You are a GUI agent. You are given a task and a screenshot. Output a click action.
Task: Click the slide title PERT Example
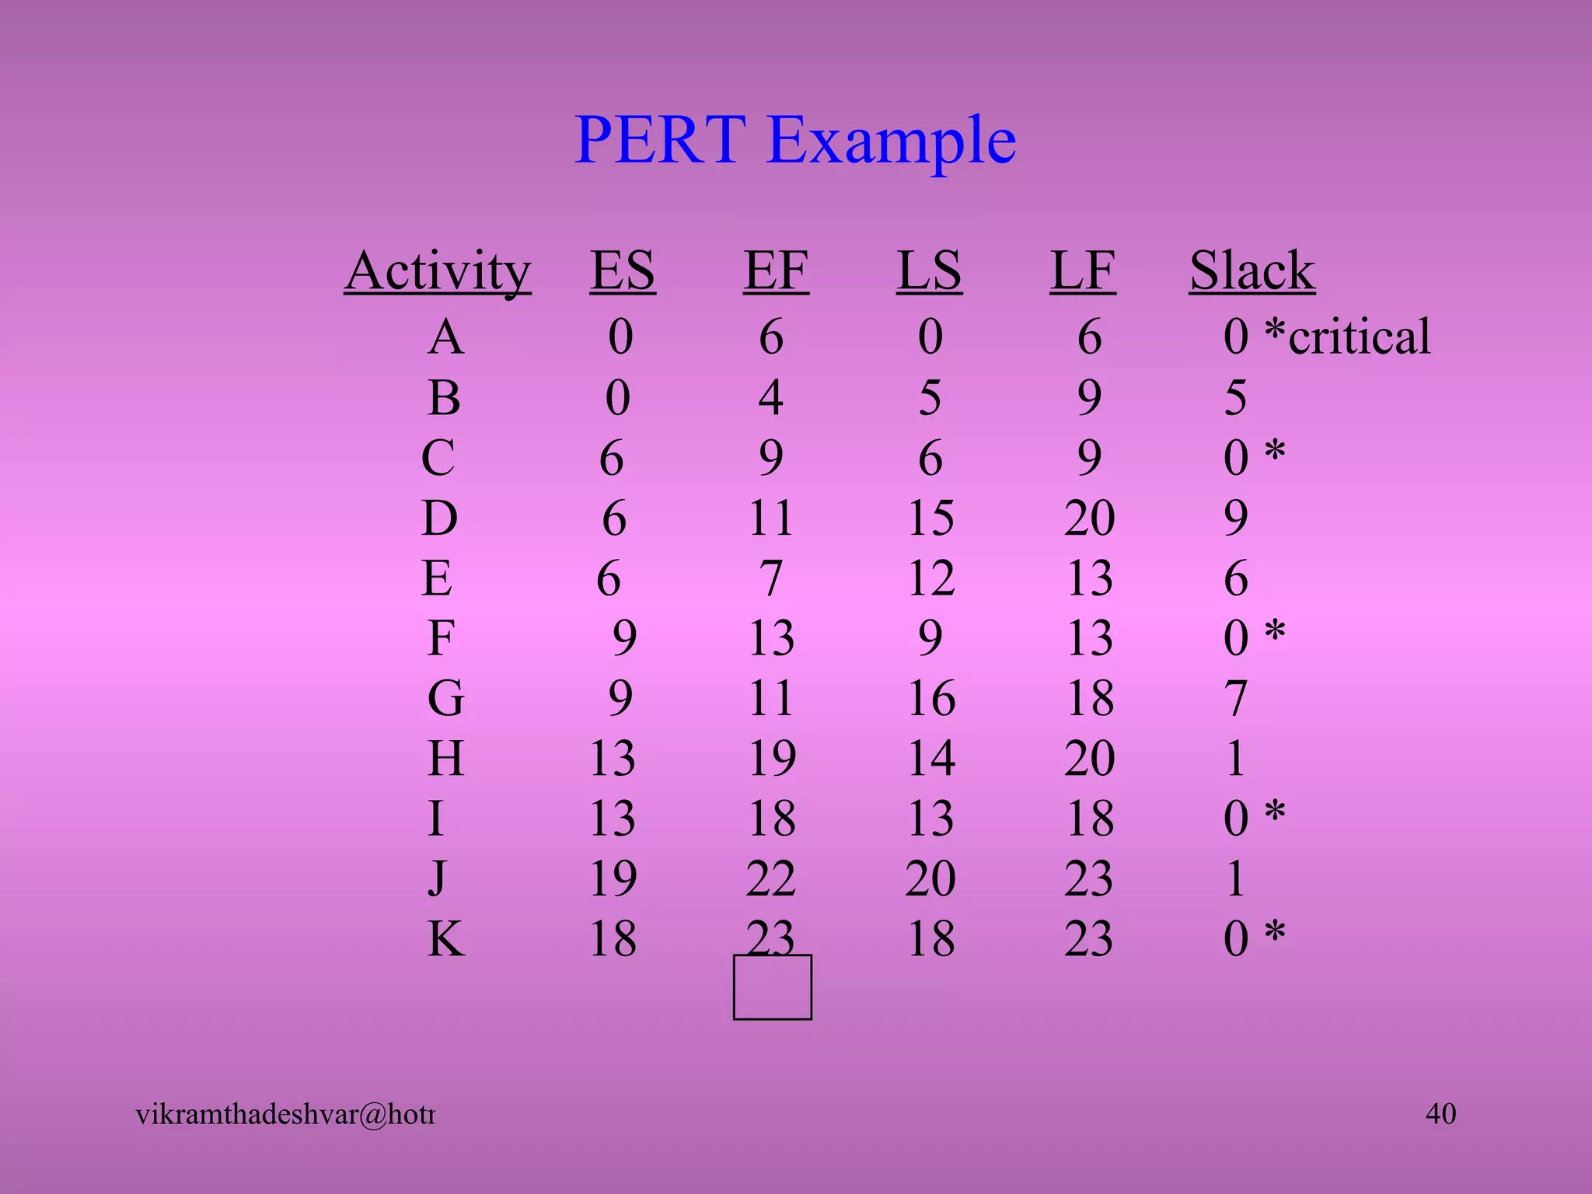click(x=795, y=140)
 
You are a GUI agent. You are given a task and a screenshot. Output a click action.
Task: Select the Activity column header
click(x=438, y=271)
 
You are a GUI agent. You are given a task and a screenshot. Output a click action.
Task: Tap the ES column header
click(x=623, y=271)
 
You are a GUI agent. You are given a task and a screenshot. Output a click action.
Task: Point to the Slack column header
click(x=1252, y=271)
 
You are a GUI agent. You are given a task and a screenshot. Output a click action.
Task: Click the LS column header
click(x=930, y=271)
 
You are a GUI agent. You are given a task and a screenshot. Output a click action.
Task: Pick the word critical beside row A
click(x=1360, y=337)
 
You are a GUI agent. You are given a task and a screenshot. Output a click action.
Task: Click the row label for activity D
click(x=440, y=518)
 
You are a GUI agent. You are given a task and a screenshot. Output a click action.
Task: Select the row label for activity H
click(x=446, y=758)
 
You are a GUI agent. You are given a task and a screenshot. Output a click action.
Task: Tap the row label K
click(x=446, y=938)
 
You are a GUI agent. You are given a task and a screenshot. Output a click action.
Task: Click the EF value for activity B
click(x=770, y=397)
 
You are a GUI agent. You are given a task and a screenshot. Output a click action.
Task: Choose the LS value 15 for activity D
click(x=930, y=518)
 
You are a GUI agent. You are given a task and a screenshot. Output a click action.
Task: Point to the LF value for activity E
click(x=1090, y=578)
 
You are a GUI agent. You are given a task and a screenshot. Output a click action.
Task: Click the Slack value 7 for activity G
click(x=1236, y=698)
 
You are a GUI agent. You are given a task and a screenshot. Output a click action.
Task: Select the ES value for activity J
click(x=613, y=878)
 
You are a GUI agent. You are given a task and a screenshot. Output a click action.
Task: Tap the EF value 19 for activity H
click(x=772, y=758)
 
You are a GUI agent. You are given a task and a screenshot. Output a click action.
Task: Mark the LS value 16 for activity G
click(x=931, y=698)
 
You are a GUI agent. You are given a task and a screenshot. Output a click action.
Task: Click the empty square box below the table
click(x=773, y=987)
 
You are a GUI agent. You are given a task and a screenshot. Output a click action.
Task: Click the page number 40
click(x=1440, y=1113)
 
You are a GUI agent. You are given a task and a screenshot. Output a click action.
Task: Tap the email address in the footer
click(x=285, y=1115)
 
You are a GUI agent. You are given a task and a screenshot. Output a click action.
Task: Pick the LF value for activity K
click(x=1089, y=938)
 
